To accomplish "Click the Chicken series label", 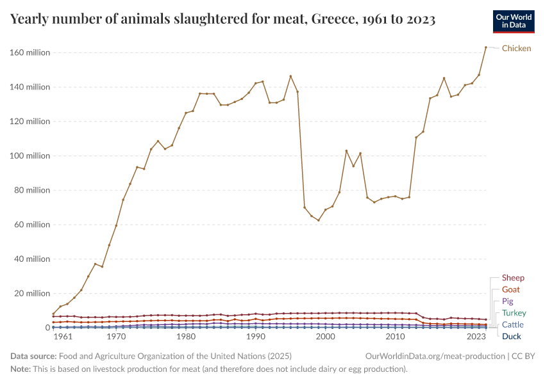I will [516, 48].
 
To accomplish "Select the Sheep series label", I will [513, 278].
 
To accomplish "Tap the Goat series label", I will [511, 289].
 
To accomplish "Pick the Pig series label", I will [508, 301].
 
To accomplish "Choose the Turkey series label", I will [514, 313].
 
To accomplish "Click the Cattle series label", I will [513, 324].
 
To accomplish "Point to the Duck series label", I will [512, 336].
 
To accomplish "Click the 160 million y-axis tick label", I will [29, 52].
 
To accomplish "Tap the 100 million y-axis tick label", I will [29, 156].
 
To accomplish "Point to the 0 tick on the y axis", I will [47, 328].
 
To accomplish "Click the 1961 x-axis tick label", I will [63, 337].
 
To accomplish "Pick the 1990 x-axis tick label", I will [256, 337].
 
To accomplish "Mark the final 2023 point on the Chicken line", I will [486, 47].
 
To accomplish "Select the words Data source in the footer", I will [33, 356].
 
